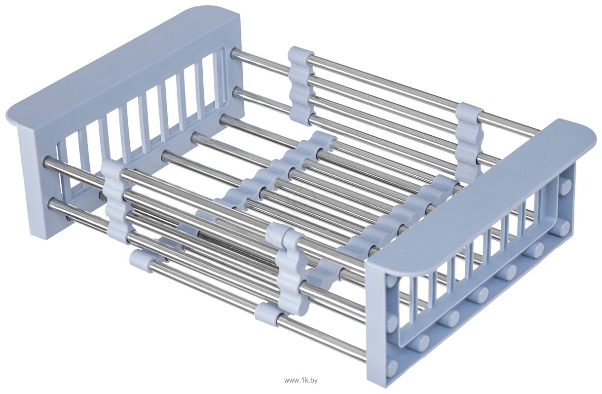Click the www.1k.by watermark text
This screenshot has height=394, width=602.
301,381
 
